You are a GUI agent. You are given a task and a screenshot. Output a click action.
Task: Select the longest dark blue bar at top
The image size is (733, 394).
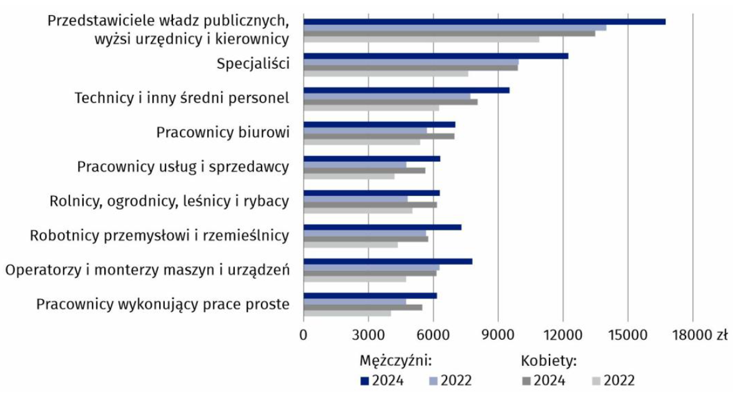[x=484, y=21]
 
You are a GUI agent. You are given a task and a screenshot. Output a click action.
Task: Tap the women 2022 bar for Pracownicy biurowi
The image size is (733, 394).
[x=362, y=142]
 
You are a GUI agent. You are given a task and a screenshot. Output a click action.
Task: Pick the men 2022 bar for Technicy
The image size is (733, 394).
[x=387, y=96]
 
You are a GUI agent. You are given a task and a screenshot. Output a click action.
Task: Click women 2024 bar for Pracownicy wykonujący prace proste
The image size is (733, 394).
[x=363, y=307]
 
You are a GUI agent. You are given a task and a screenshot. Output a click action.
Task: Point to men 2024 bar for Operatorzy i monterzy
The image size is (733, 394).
[x=388, y=261]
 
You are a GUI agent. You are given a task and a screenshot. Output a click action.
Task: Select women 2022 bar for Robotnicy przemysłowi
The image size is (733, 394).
[x=350, y=245]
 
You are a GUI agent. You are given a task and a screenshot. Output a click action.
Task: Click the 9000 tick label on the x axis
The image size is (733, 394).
[x=498, y=335]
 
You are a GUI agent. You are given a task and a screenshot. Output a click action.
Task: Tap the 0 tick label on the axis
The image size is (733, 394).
[x=303, y=335]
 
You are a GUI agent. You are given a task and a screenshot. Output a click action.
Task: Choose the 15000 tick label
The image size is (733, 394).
[x=627, y=335]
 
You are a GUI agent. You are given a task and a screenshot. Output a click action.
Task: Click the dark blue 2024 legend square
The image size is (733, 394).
[x=364, y=380]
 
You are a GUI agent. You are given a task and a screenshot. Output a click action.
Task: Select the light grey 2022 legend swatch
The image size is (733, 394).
[x=594, y=380]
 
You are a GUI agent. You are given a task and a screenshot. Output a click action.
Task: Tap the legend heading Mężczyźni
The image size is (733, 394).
[x=396, y=361]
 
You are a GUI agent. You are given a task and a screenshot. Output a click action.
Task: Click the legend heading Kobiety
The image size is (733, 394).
[x=548, y=361]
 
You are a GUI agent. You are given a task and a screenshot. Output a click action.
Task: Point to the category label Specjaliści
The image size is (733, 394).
[x=253, y=64]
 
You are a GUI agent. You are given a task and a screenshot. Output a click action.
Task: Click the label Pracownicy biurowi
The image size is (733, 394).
[x=223, y=132]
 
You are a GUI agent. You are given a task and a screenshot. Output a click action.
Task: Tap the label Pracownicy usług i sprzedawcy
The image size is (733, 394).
[x=183, y=167]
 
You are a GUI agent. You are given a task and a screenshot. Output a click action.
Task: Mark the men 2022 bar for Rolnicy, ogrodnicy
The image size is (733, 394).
[x=355, y=199]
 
